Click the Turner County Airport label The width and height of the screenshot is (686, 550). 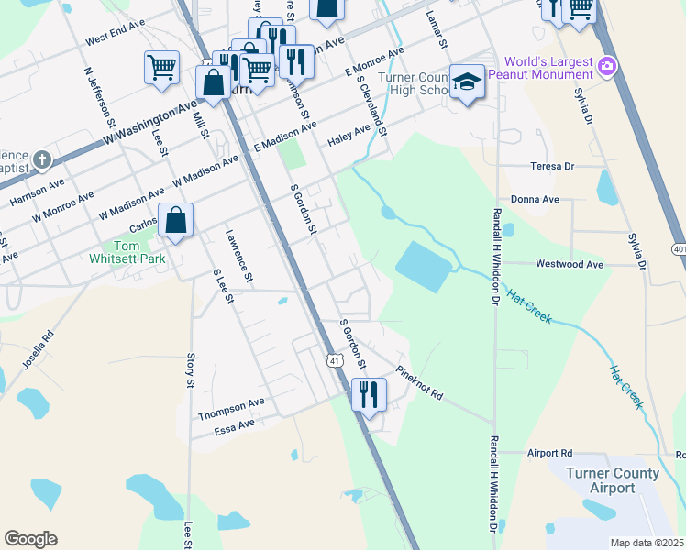tap(612, 480)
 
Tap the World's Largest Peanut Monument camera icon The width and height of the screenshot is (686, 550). tap(606, 66)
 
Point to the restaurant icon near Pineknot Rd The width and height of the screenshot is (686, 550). tap(369, 395)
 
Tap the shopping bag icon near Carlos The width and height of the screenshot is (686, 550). tap(175, 220)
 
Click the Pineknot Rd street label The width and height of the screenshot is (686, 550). tap(420, 384)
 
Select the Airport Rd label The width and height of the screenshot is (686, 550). tap(549, 453)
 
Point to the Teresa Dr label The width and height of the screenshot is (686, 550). tap(552, 166)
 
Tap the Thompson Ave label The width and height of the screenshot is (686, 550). tap(231, 406)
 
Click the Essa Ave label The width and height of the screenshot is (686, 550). tap(234, 425)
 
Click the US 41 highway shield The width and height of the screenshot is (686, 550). tap(336, 361)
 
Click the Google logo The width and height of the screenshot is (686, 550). tap(30, 539)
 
